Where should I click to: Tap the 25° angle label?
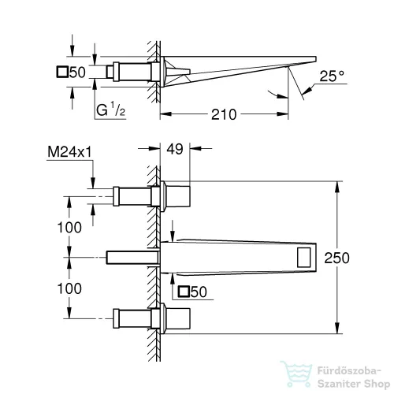point(331,77)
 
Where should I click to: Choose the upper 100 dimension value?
point(69,227)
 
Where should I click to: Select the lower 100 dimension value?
point(69,288)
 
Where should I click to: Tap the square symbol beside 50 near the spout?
point(184,292)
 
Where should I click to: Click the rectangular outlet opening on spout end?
point(303,256)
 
